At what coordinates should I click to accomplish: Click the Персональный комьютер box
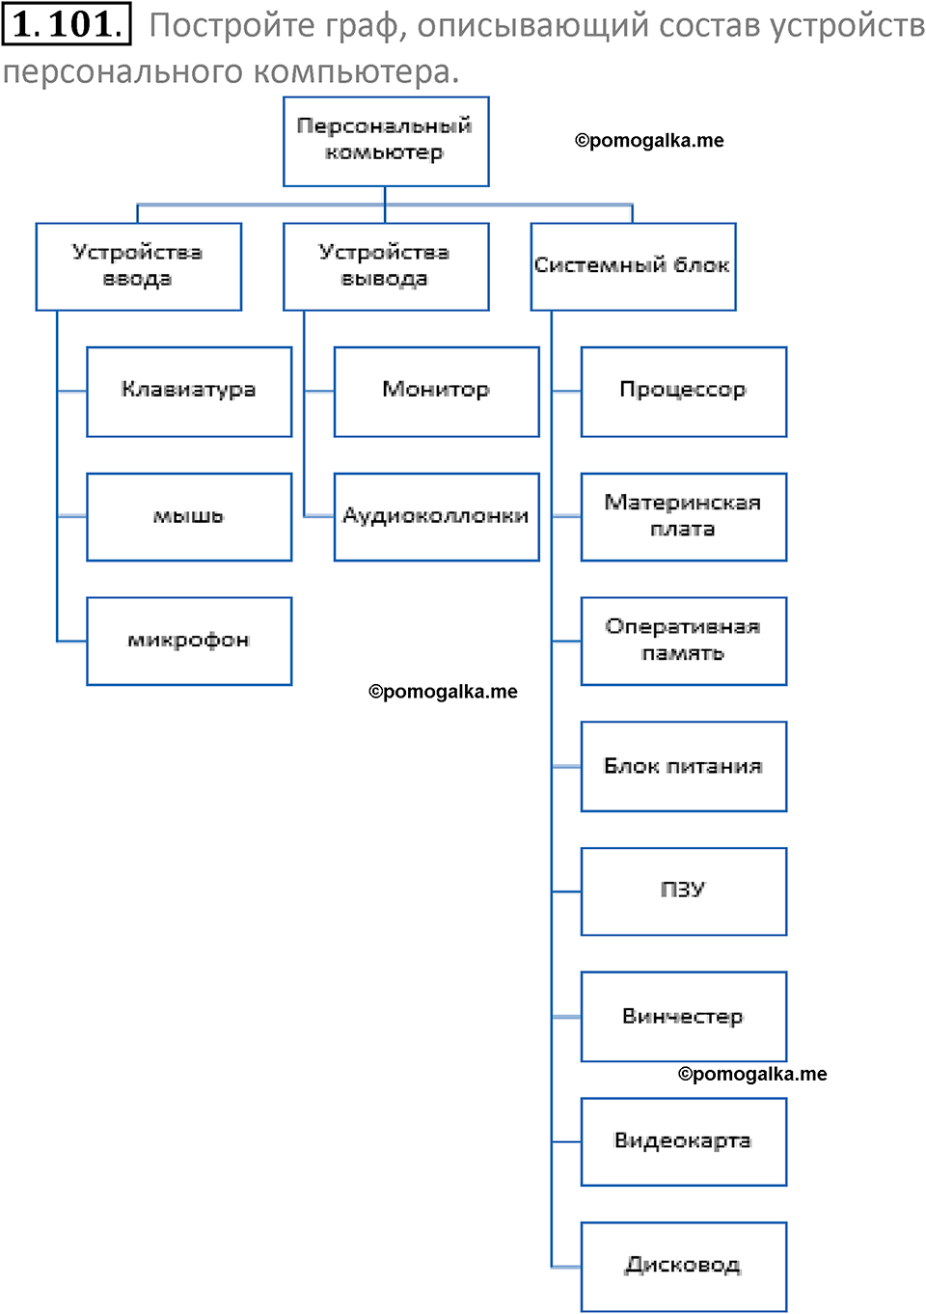pyautogui.click(x=386, y=141)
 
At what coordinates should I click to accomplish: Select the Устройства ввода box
pyautogui.click(x=138, y=266)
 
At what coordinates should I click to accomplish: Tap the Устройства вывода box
pyautogui.click(x=386, y=266)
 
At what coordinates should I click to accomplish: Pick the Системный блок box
pyautogui.click(x=633, y=266)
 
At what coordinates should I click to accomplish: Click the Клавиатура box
pyautogui.click(x=189, y=391)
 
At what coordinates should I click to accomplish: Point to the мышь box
pyautogui.click(x=189, y=516)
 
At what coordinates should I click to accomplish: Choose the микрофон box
pyautogui.click(x=189, y=641)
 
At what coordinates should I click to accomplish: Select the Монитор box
pyautogui.click(x=436, y=391)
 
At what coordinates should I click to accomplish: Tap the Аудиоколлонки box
pyautogui.click(x=436, y=516)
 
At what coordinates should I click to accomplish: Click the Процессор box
pyautogui.click(x=683, y=391)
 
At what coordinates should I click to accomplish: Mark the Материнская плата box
pyautogui.click(x=683, y=516)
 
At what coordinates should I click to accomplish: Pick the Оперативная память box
pyautogui.click(x=683, y=641)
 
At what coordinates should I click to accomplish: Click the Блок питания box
pyautogui.click(x=683, y=766)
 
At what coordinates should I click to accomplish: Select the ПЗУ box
pyautogui.click(x=683, y=890)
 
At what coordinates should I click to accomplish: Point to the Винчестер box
pyautogui.click(x=683, y=1016)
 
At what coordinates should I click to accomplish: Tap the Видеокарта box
pyautogui.click(x=683, y=1141)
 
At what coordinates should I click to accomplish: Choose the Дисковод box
pyautogui.click(x=683, y=1266)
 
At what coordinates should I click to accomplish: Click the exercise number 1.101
pyautogui.click(x=66, y=24)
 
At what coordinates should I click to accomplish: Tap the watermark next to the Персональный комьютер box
pyautogui.click(x=649, y=141)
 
